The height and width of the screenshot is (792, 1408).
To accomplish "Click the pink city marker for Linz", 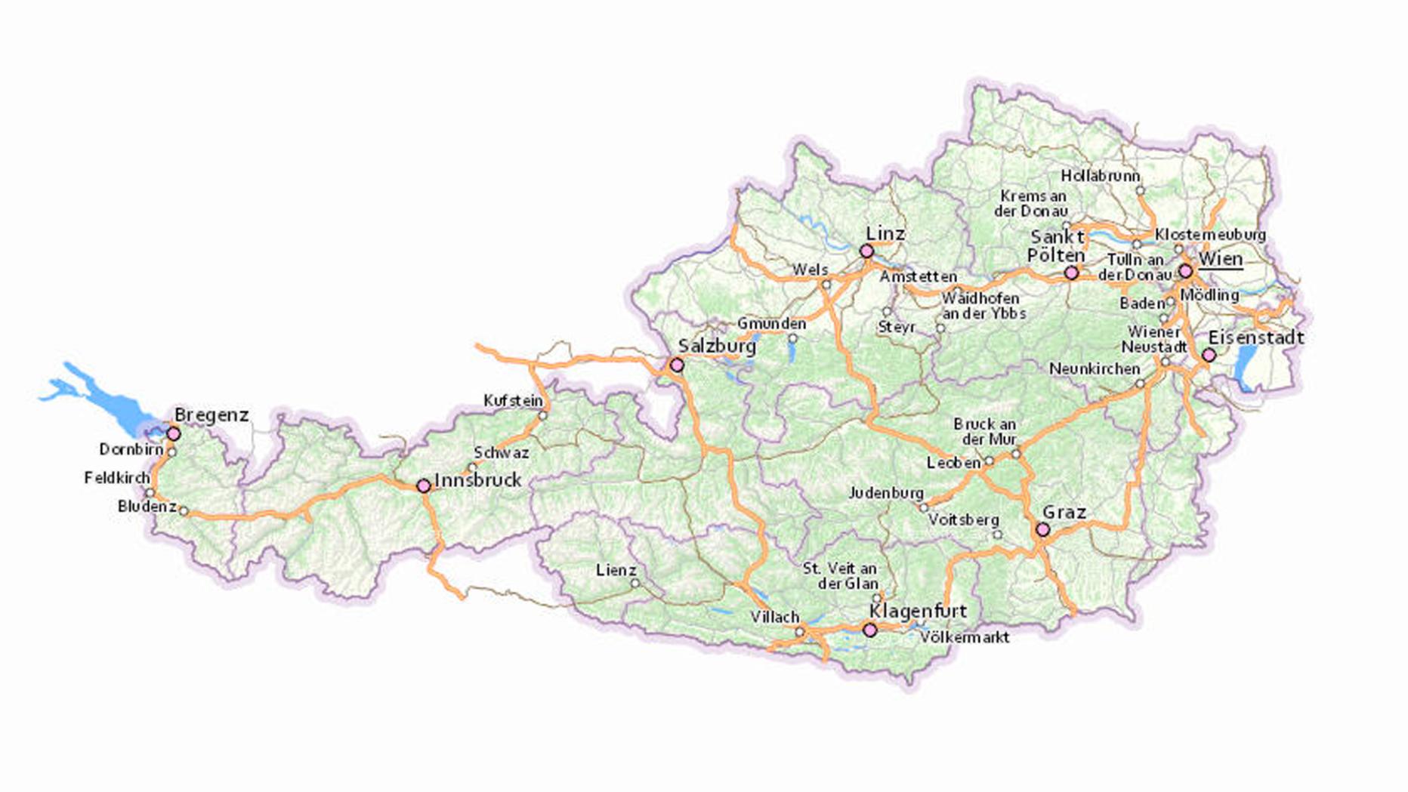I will tap(866, 251).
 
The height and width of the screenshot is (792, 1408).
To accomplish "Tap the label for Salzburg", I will tap(716, 347).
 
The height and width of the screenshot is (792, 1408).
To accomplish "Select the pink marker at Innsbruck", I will tap(424, 485).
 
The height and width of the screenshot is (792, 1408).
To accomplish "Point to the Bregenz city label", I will tap(212, 414).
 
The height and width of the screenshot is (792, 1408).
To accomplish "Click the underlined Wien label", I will tap(1220, 259).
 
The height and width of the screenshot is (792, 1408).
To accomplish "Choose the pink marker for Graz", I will tap(1042, 530).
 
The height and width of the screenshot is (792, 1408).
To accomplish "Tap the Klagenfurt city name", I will tap(918, 610).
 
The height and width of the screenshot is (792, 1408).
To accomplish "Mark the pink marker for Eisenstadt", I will tap(1209, 355).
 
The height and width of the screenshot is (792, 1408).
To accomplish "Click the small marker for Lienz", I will tap(635, 584).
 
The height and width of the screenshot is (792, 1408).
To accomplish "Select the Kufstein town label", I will tap(513, 400).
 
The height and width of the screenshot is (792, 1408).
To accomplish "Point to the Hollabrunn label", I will tap(1100, 175).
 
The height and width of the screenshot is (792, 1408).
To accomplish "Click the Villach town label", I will tap(774, 617).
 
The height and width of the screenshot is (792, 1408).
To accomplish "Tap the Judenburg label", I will tap(885, 492).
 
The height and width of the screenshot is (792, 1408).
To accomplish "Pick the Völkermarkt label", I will tap(964, 637).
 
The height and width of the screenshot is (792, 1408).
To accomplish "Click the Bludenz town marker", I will tap(184, 511).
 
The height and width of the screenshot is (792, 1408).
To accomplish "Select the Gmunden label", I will tap(771, 323).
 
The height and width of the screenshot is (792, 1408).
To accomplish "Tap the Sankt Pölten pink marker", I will tap(1071, 273).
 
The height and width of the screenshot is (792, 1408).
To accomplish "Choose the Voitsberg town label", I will tap(963, 519).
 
